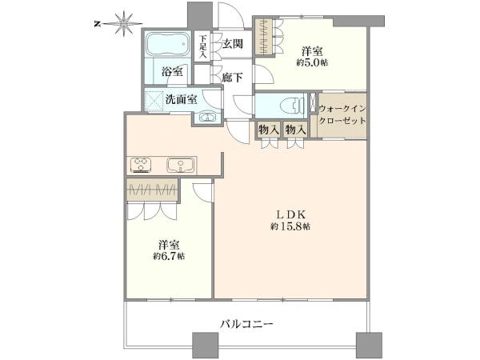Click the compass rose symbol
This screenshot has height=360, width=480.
coord(124,23)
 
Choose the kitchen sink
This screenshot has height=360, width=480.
coord(181,166)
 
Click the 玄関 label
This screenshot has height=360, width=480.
coord(232,44)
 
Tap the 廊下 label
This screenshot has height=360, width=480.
coord(232,78)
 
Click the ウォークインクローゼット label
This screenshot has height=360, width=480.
coord(342,114)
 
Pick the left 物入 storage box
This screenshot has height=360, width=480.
coord(268,130)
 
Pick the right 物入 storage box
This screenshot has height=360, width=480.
coord(294,130)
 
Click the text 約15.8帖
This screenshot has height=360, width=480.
coord(290,226)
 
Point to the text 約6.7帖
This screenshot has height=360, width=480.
coord(169,256)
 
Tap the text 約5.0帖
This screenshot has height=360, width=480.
coord(312,62)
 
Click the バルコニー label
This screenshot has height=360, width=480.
coord(246,323)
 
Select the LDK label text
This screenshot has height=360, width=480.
coord(290,214)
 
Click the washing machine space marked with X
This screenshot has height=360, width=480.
coord(154,100)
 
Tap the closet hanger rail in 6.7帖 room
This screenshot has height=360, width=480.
coord(152,190)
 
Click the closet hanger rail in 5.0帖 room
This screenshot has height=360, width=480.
coord(262,37)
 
